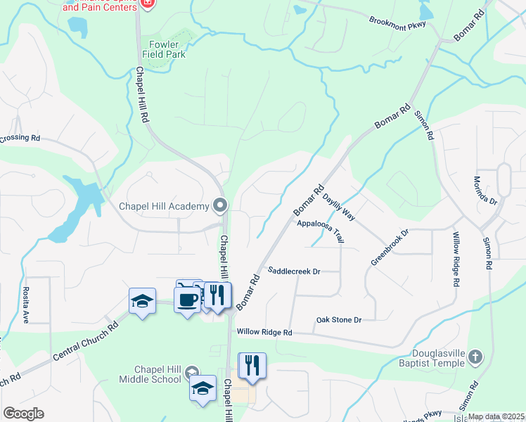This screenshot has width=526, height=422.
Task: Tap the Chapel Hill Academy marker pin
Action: [221, 205]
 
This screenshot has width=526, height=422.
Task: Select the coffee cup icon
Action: [187, 300]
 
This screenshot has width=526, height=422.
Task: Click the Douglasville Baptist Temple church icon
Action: [476, 356]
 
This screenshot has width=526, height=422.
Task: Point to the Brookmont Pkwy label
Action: [398, 20]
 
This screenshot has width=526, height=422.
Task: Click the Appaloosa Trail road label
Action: [320, 231]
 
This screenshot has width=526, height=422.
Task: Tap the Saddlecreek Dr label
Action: [294, 271]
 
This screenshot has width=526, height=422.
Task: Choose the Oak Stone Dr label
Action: [338, 320]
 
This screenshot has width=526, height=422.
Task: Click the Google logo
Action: [23, 414]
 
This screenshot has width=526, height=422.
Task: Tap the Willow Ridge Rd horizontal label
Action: [264, 332]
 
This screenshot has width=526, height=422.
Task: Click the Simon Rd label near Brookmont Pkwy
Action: [422, 124]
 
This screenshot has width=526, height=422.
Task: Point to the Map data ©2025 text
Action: [496, 416]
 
